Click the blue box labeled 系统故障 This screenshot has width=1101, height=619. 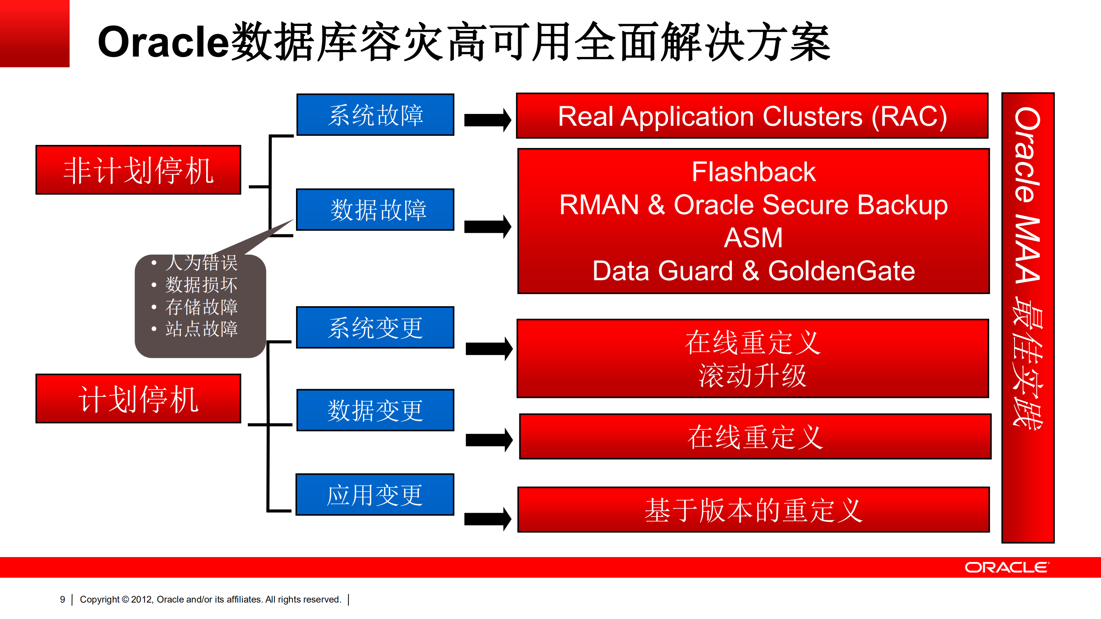click(x=375, y=115)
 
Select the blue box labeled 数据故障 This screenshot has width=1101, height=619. click(x=375, y=210)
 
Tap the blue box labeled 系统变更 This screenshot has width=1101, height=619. click(x=375, y=328)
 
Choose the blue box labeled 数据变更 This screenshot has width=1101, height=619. click(x=375, y=410)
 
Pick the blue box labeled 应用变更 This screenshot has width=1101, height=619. click(x=375, y=495)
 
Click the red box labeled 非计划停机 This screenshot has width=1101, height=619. click(x=138, y=170)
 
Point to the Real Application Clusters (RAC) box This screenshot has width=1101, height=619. click(x=752, y=116)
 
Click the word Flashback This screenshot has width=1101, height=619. click(x=753, y=172)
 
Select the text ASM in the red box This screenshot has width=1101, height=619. click(x=753, y=237)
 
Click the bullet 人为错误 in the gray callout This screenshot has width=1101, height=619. click(x=201, y=263)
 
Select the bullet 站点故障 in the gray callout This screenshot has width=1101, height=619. click(x=201, y=329)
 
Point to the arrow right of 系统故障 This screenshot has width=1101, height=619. click(x=487, y=120)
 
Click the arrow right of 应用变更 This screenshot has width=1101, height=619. click(x=487, y=519)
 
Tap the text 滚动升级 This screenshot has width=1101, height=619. click(x=752, y=376)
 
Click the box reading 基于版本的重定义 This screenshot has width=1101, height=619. click(x=753, y=510)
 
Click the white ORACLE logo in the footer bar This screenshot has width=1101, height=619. click(x=1006, y=567)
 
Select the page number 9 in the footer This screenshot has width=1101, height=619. click(x=62, y=600)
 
